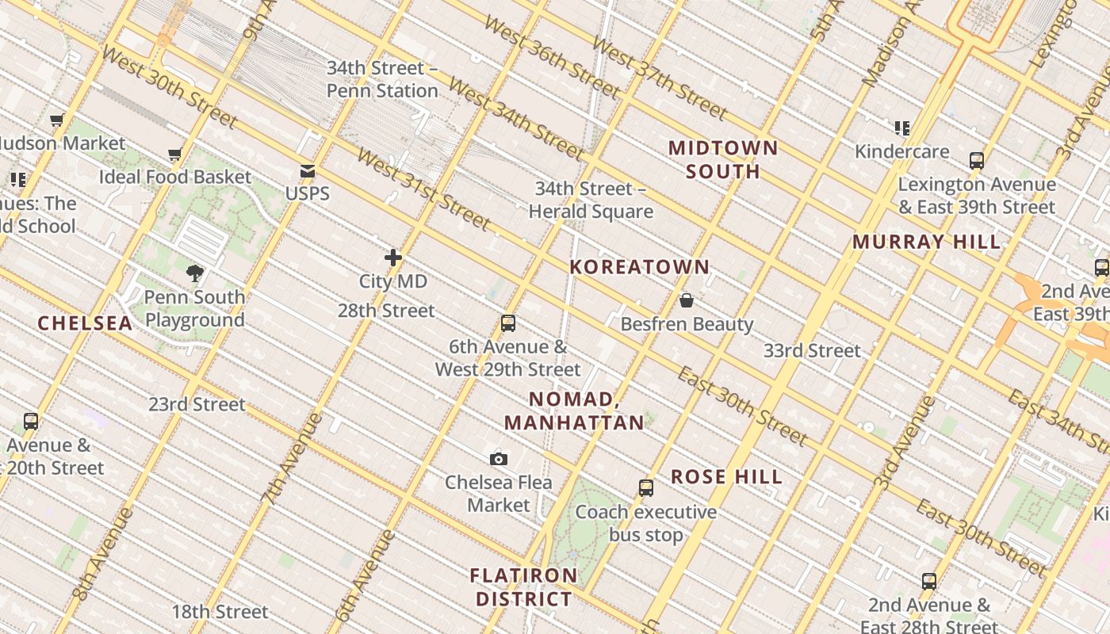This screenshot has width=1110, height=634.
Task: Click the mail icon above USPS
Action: pyautogui.click(x=308, y=171)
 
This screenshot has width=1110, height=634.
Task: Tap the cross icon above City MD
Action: pyautogui.click(x=392, y=258)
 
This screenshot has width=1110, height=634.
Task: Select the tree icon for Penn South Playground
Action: pyautogui.click(x=195, y=274)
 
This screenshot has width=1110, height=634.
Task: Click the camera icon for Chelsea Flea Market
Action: pyautogui.click(x=499, y=459)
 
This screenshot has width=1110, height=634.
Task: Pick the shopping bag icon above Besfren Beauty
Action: pyautogui.click(x=687, y=300)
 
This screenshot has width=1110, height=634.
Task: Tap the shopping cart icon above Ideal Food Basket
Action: pyautogui.click(x=175, y=154)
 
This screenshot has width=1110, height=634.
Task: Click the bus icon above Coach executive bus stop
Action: pyautogui.click(x=646, y=488)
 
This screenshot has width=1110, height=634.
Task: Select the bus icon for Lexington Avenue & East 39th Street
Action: pyautogui.click(x=977, y=161)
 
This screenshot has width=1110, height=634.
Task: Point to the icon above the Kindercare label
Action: pyautogui.click(x=902, y=128)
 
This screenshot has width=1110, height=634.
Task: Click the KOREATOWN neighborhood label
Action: pyautogui.click(x=640, y=267)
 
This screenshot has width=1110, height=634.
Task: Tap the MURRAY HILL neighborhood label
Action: pyautogui.click(x=927, y=243)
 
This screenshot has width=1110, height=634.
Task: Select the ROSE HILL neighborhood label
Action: pyautogui.click(x=726, y=477)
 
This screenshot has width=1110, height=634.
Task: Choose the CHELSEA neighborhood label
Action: pyautogui.click(x=85, y=323)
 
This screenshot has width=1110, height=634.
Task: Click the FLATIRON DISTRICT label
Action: pyautogui.click(x=524, y=587)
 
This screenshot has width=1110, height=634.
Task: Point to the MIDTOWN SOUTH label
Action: pyautogui.click(x=723, y=159)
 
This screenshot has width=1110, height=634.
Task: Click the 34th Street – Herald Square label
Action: pyautogui.click(x=591, y=201)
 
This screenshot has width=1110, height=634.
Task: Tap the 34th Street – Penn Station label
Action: pyautogui.click(x=382, y=79)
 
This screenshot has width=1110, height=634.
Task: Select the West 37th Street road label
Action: pyautogui.click(x=659, y=77)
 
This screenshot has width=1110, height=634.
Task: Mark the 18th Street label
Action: pyautogui.click(x=220, y=612)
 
